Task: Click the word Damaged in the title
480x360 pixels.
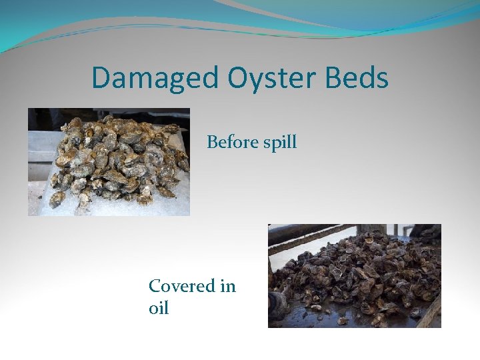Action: coord(155,78)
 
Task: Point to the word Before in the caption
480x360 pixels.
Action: coord(231,142)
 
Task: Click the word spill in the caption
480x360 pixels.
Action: coord(279,143)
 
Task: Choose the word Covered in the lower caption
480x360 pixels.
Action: coord(182,286)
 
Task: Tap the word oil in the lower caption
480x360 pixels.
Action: coord(159,309)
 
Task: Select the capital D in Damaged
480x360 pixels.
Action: coord(101,78)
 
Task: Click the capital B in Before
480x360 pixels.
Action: coord(212,142)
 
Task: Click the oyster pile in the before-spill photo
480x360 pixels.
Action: coord(117,160)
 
